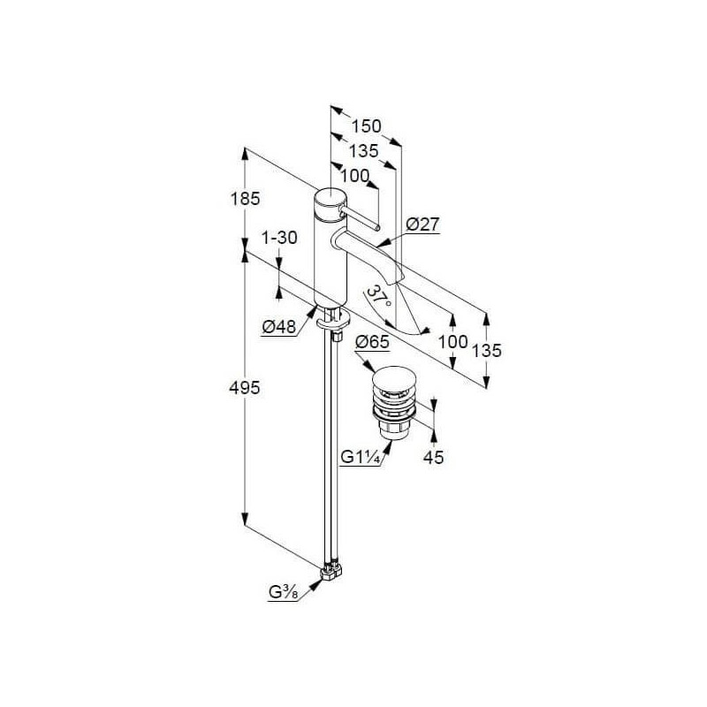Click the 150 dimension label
(x=366, y=126)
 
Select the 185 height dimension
(x=246, y=198)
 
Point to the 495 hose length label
(x=245, y=387)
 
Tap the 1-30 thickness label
(x=279, y=238)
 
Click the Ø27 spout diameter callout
(x=422, y=224)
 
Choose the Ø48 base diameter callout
(x=278, y=326)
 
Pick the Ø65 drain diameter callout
(x=372, y=342)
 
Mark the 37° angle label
(x=378, y=298)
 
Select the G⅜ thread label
(x=283, y=592)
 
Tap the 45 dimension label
(x=433, y=458)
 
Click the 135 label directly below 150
(x=363, y=151)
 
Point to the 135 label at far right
(x=487, y=350)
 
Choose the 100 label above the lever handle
(x=355, y=176)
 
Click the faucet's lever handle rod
(x=361, y=218)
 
